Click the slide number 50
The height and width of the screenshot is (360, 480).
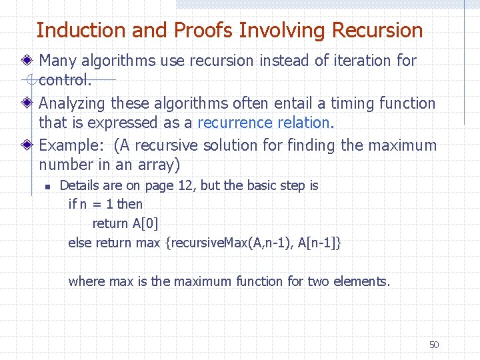[434, 345]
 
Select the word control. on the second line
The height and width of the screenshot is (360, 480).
[65, 81]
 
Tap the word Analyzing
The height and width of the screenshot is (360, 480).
[73, 104]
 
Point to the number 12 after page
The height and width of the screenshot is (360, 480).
[187, 185]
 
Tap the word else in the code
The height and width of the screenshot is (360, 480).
[80, 243]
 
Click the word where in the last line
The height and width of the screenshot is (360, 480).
[87, 281]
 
